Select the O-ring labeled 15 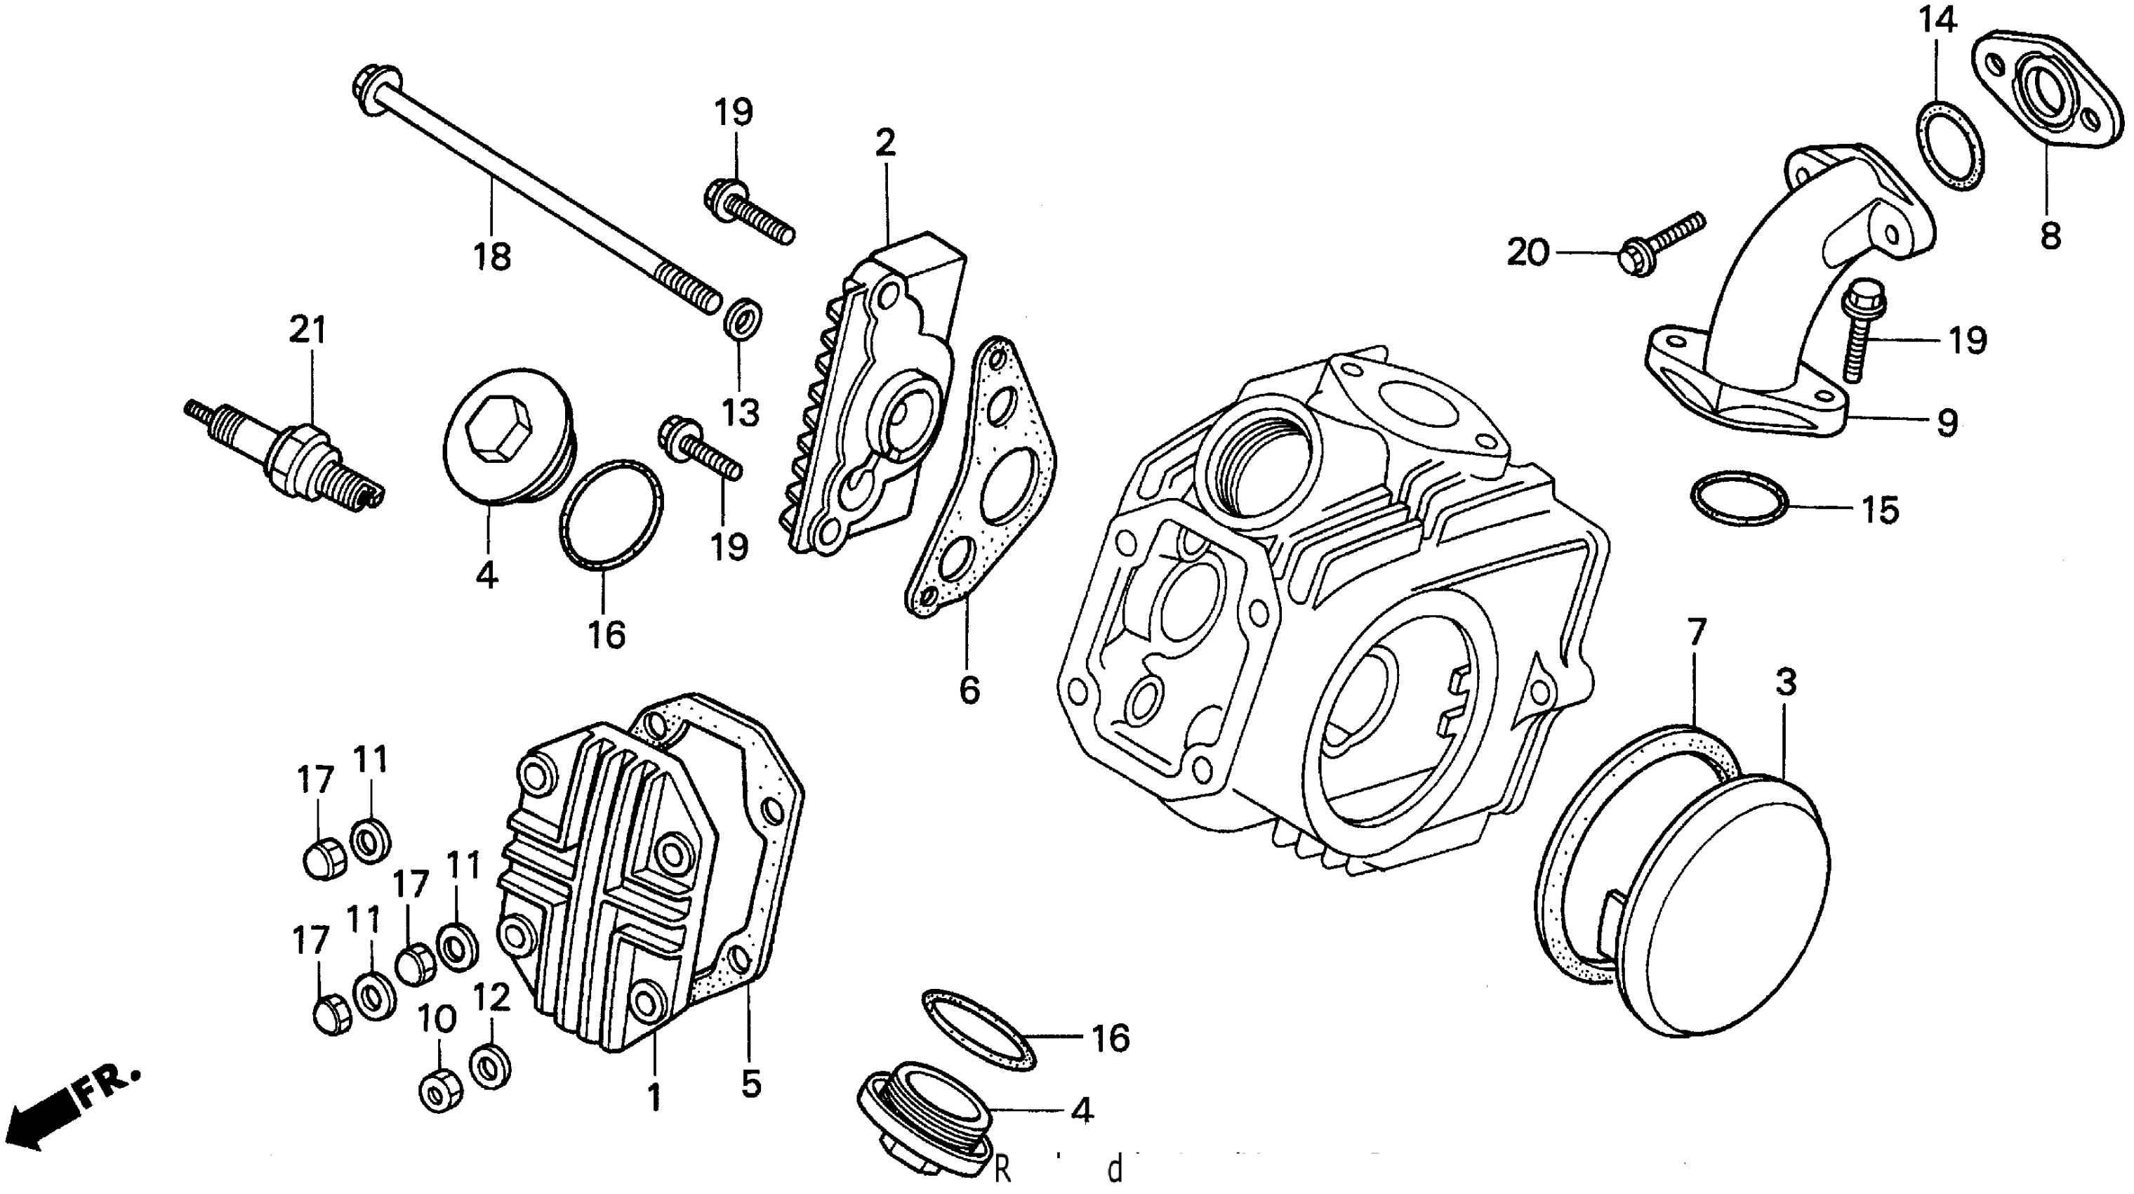click(1738, 498)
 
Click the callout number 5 click(750, 1083)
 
